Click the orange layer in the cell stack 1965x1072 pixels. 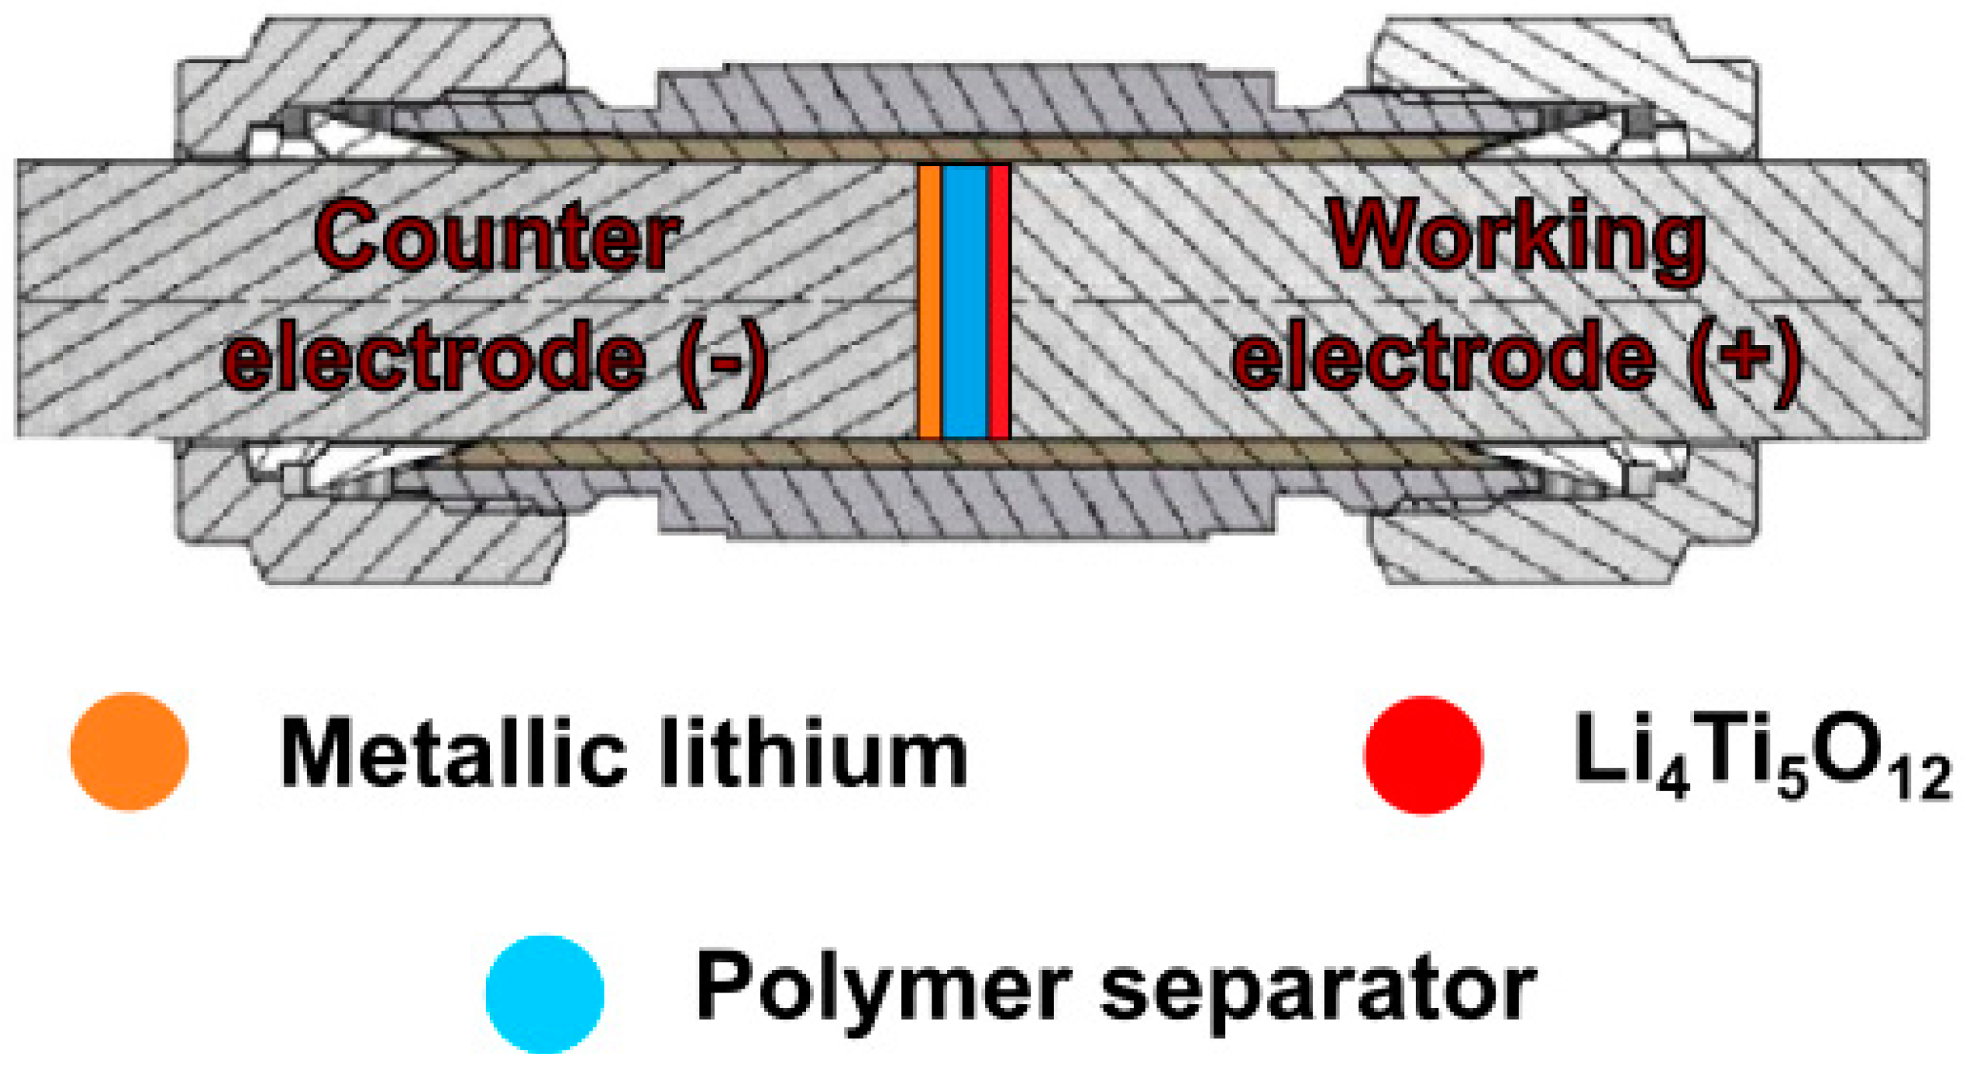click(928, 302)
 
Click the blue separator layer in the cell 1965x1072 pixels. click(964, 302)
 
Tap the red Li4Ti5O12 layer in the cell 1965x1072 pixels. click(998, 302)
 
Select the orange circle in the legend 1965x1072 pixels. click(129, 752)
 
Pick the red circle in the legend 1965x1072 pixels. click(1423, 755)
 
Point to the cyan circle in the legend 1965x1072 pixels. click(544, 994)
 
